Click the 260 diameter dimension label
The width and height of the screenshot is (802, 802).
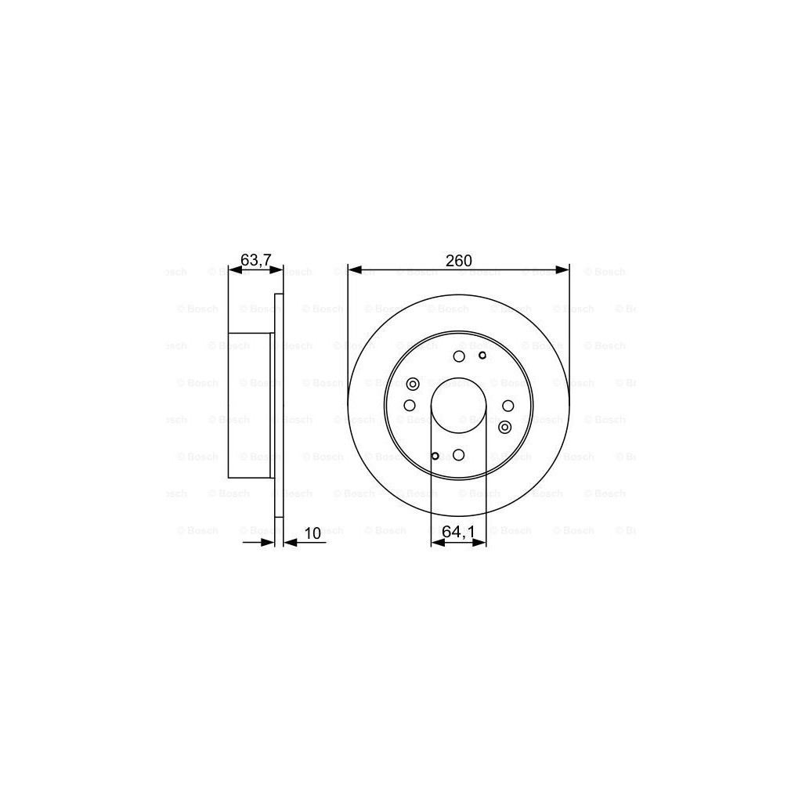458,261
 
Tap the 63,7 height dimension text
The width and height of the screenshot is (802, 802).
255,258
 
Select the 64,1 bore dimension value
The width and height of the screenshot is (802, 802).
458,531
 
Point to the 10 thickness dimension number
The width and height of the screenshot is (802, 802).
312,533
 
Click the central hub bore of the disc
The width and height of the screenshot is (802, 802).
458,406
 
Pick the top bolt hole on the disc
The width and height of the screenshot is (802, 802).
459,356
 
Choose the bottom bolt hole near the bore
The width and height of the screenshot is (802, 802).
459,454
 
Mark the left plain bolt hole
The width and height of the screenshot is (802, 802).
410,406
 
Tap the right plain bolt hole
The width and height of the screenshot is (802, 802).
508,406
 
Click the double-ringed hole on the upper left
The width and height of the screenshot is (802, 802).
413,384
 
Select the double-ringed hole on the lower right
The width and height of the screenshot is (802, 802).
504,427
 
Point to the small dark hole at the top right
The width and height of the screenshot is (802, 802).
482,356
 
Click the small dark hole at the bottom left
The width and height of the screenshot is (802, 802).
435,455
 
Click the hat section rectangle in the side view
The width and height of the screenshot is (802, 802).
249,406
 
